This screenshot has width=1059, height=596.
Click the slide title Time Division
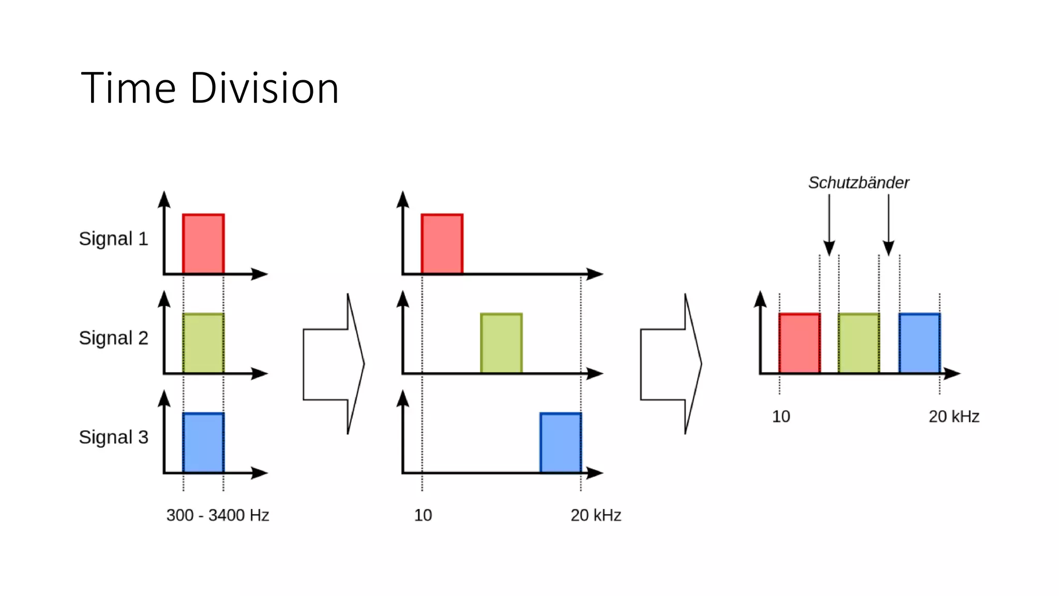[209, 88]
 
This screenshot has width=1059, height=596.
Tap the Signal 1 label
[113, 239]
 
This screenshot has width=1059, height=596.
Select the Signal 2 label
[113, 338]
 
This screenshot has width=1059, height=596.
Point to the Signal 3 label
[113, 437]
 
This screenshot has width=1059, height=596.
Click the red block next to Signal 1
[203, 244]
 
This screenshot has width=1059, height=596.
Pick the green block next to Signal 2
[203, 343]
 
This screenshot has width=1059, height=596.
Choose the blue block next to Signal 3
[203, 442]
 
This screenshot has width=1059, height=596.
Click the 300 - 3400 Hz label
[218, 515]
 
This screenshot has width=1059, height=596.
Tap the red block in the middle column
[442, 244]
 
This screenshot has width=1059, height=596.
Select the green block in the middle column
[501, 343]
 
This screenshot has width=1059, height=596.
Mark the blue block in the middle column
[561, 442]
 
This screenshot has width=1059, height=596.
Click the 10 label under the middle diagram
[423, 515]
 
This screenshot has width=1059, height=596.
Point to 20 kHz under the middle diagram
[596, 515]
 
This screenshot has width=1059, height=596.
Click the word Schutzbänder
[858, 183]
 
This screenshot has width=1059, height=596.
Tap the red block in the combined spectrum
[799, 343]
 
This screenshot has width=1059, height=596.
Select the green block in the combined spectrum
[859, 343]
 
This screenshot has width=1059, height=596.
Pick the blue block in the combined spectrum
[919, 343]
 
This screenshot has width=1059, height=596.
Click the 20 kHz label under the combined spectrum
[954, 416]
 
